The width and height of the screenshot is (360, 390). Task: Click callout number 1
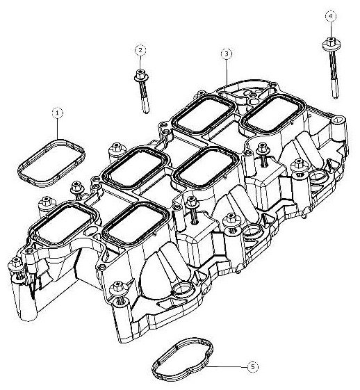tap(58, 111)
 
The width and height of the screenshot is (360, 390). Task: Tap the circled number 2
tap(140, 50)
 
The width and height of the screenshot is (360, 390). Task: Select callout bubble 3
tap(226, 54)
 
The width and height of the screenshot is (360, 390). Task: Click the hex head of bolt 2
tap(140, 73)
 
